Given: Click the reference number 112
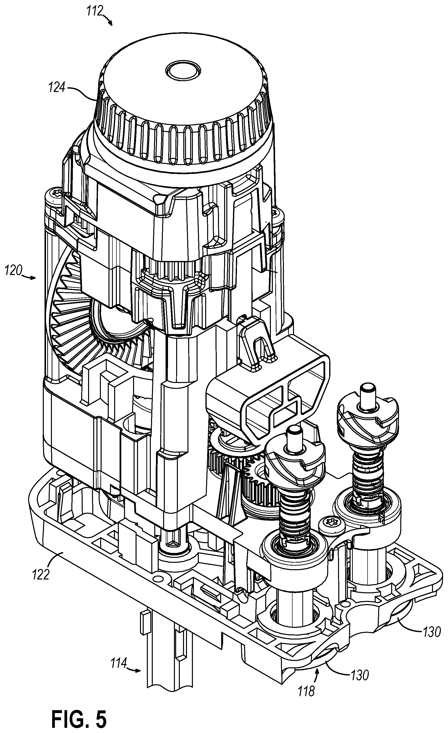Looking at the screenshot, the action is tap(95, 11).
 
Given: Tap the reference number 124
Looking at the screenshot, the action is tap(57, 88).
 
